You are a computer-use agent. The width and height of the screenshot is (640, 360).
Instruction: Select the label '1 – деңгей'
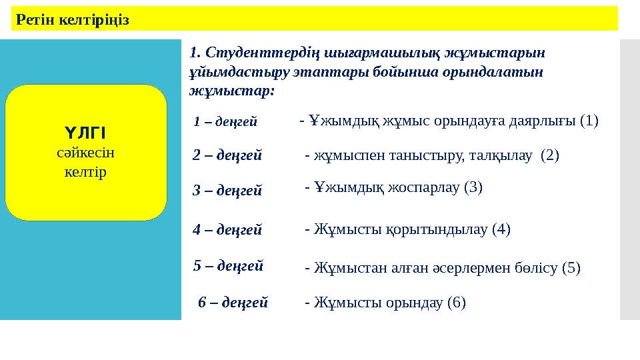pyautogui.click(x=225, y=121)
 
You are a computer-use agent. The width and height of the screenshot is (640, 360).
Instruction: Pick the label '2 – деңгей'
pyautogui.click(x=227, y=156)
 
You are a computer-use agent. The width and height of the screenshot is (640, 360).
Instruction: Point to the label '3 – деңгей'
pyautogui.click(x=227, y=191)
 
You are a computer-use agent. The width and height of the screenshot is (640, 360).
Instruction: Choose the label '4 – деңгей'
pyautogui.click(x=227, y=230)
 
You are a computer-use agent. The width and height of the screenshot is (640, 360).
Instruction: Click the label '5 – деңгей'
pyautogui.click(x=227, y=265)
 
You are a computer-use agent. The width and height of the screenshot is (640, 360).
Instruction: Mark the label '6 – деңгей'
pyautogui.click(x=233, y=303)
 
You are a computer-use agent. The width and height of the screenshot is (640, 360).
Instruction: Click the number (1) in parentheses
pyautogui.click(x=589, y=121)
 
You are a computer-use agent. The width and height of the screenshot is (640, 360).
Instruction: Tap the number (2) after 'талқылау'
pyautogui.click(x=550, y=156)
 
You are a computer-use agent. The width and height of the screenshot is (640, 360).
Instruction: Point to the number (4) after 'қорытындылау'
pyautogui.click(x=501, y=230)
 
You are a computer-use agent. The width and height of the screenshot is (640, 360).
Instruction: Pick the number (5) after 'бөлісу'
pyautogui.click(x=571, y=268)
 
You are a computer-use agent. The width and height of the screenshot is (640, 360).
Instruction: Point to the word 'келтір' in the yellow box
pyautogui.click(x=86, y=172)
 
